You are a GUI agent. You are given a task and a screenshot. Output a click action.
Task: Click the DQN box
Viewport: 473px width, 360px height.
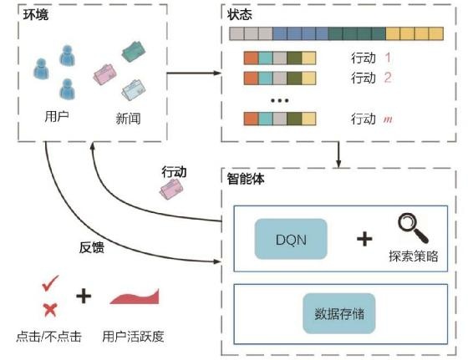[290, 238]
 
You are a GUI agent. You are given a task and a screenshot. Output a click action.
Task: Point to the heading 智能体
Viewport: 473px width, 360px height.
[247, 178]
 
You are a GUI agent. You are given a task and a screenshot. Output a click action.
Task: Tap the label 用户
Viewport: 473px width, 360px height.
[56, 116]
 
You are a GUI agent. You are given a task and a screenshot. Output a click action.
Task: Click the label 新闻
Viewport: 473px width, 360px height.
[127, 118]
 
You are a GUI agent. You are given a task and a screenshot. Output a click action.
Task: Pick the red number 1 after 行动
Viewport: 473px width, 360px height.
[387, 58]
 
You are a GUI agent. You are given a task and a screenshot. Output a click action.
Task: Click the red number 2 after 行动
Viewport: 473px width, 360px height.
[387, 79]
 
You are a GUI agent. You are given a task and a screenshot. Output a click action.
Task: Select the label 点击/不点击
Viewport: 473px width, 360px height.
[48, 338]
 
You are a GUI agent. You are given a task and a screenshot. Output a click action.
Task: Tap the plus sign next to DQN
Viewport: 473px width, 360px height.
[364, 239]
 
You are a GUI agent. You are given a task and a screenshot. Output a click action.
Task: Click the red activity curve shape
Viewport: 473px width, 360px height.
[134, 297]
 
